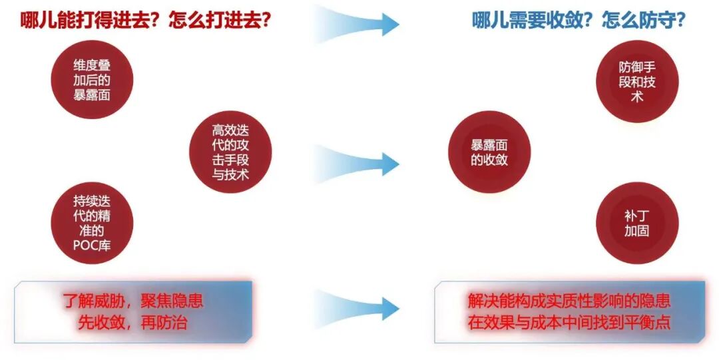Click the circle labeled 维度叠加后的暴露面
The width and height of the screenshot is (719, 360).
pos(92,79)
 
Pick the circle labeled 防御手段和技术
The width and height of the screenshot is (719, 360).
pos(637,81)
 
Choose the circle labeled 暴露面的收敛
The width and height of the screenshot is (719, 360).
pos(489,152)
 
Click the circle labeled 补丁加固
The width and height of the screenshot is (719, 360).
pos(637,223)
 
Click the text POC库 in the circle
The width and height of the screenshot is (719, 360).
pos(92,244)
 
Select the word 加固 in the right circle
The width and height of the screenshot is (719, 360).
pos(637,231)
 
